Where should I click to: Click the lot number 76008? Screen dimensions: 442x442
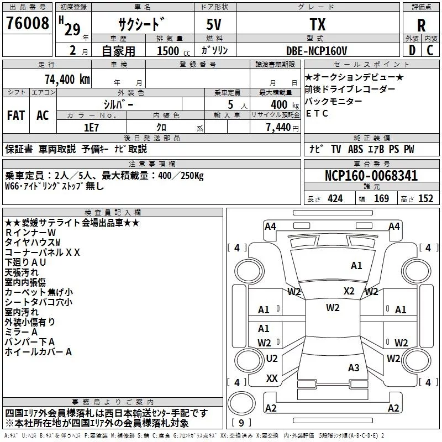point(27,23)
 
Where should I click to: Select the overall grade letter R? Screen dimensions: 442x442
point(421,25)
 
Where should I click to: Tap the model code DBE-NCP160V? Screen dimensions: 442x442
point(317,51)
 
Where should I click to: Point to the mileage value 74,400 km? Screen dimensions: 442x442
point(67,80)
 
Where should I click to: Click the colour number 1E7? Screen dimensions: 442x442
point(91,128)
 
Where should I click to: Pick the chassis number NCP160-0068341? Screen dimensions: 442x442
point(371,176)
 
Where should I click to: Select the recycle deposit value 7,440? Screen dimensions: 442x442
point(278,128)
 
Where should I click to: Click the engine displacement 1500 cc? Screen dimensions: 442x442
point(173,51)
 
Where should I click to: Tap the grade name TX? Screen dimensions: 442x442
point(318,24)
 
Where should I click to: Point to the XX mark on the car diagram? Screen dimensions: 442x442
point(272,378)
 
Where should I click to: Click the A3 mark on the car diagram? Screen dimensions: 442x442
point(354,367)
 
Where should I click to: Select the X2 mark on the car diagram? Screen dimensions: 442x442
point(349,291)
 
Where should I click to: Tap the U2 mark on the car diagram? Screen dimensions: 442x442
point(272,358)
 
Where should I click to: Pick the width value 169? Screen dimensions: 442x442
point(381,198)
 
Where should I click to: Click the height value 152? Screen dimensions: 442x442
point(425,198)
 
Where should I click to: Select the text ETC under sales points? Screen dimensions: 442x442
point(317,113)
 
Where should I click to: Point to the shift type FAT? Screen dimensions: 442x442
point(16,115)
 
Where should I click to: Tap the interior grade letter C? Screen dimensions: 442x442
point(430,50)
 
